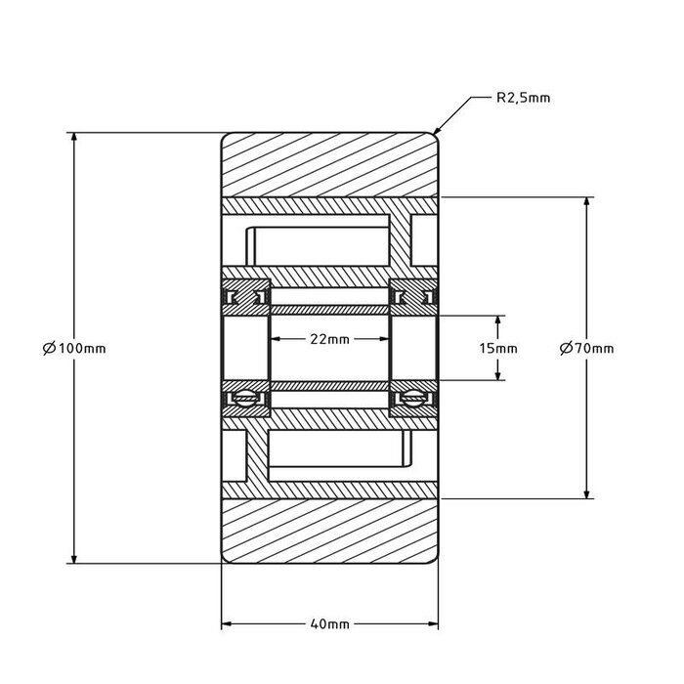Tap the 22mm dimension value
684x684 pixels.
point(329,339)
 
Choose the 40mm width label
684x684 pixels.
point(329,623)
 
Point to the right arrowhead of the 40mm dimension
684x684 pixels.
point(434,623)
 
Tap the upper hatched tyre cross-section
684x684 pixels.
point(329,163)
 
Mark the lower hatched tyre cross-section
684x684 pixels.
point(329,533)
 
